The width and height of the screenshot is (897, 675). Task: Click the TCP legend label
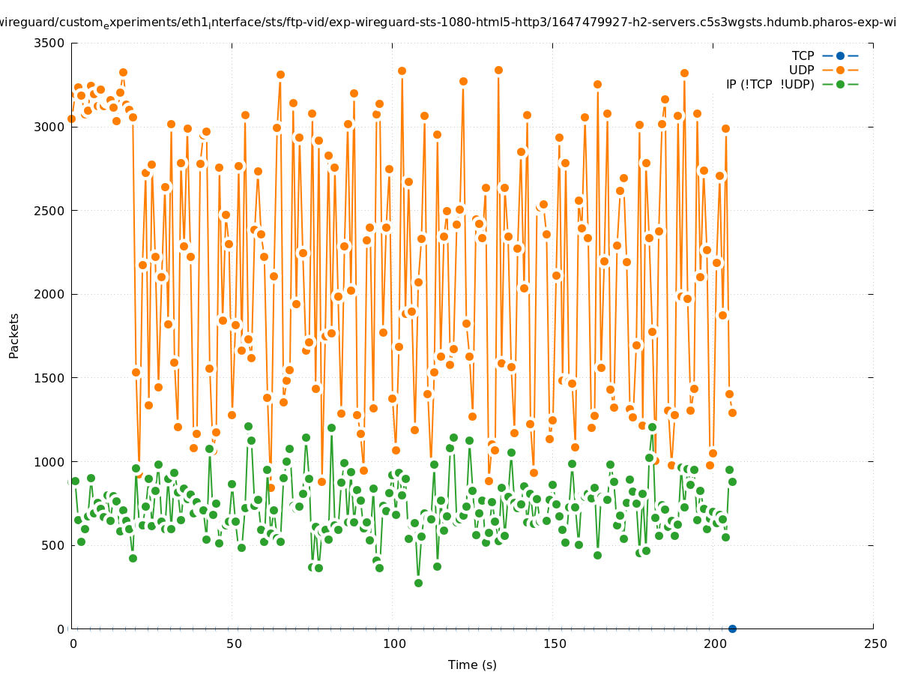(x=803, y=55)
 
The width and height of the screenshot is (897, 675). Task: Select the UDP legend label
(x=801, y=70)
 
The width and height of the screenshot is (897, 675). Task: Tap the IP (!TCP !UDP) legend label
(x=770, y=84)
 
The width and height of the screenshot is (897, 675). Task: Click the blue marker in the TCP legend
(x=840, y=55)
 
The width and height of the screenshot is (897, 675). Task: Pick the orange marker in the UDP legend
(x=840, y=70)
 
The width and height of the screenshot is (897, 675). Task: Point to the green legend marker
(x=840, y=84)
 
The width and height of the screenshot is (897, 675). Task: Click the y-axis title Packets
(x=14, y=335)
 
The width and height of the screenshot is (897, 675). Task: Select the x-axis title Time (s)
(x=472, y=664)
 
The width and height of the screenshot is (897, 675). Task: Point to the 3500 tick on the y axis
(x=51, y=43)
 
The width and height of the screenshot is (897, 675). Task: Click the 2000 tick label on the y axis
(x=51, y=294)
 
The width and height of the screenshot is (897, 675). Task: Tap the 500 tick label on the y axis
(x=54, y=545)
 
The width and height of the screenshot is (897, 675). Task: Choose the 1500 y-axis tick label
(x=51, y=378)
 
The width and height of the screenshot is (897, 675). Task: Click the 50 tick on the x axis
(x=233, y=643)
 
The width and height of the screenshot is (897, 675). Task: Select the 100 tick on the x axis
(x=393, y=643)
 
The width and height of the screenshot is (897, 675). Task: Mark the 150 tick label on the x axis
(x=554, y=643)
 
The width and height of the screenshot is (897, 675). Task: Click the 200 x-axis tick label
(x=714, y=643)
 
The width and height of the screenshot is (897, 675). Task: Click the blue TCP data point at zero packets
(x=732, y=628)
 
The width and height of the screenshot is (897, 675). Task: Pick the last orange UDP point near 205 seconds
(x=732, y=412)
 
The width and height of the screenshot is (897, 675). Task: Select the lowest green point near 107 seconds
(x=418, y=583)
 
